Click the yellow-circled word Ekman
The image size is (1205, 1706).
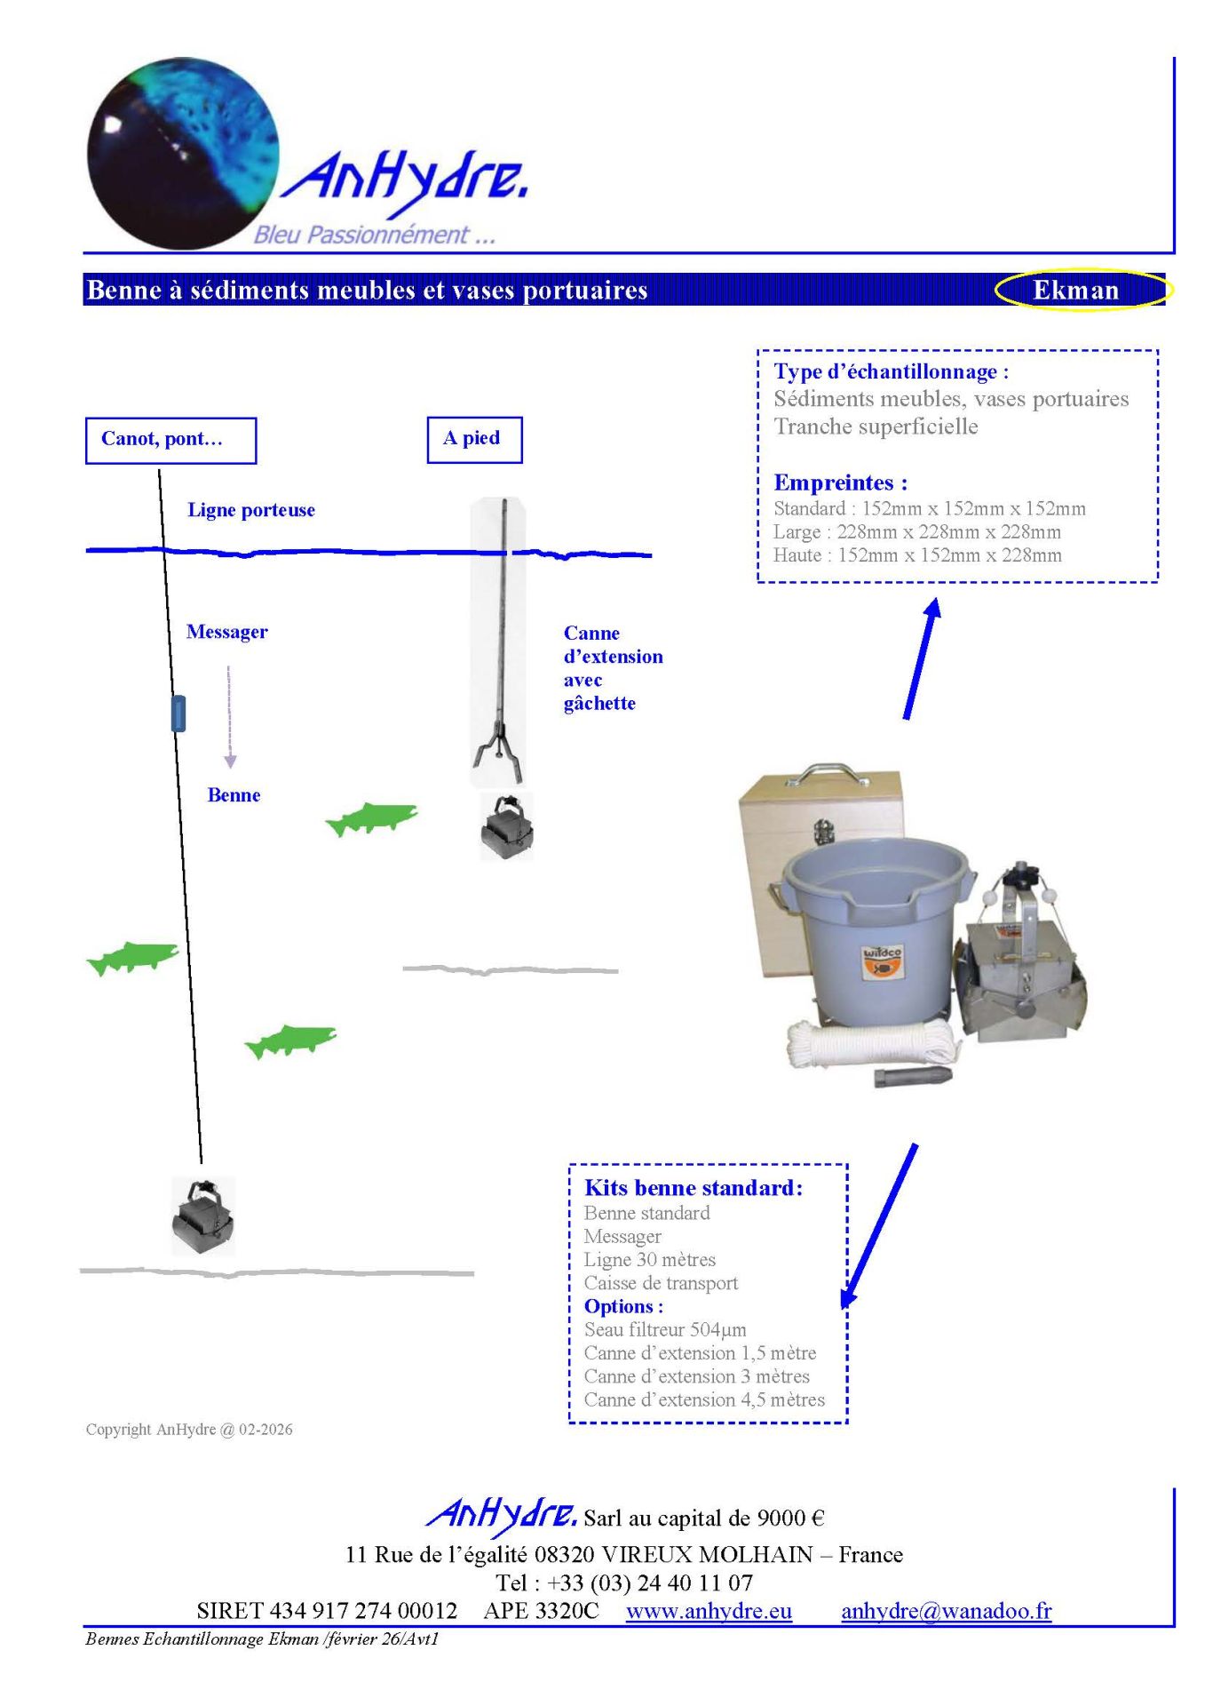[x=1075, y=291]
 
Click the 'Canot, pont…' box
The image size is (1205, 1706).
[x=170, y=440]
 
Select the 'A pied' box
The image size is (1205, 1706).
[x=473, y=439]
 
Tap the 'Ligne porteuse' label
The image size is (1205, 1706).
[x=250, y=510]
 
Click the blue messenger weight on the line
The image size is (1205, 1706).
[x=178, y=713]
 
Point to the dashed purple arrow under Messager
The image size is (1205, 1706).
[x=230, y=716]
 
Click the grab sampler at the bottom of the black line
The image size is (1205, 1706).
[x=203, y=1216]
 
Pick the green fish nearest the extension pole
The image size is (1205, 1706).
[x=372, y=818]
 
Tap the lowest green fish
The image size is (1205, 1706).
[x=290, y=1040]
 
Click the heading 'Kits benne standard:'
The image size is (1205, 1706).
[x=693, y=1188]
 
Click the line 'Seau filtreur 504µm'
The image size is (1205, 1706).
[x=664, y=1329]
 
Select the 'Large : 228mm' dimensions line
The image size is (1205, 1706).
[x=916, y=532]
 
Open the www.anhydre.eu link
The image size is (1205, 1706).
[x=708, y=1611]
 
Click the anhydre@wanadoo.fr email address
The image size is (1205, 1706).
[x=946, y=1611]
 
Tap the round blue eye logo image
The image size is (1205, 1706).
[x=183, y=153]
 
